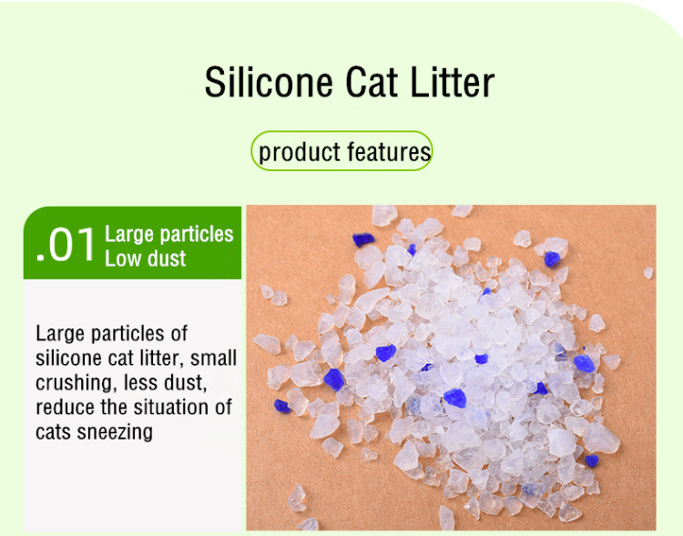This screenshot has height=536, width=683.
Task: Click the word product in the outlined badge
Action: click(x=296, y=152)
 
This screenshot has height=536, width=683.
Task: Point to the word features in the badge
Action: click(x=386, y=152)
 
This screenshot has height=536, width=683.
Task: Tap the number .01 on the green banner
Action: click(x=65, y=246)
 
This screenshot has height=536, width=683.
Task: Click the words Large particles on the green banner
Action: click(x=169, y=234)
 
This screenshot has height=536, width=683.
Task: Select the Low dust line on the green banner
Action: click(x=145, y=258)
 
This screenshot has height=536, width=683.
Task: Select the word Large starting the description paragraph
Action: click(x=59, y=334)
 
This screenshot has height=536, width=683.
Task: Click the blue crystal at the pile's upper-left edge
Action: click(x=362, y=239)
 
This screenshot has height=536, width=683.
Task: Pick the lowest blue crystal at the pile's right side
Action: click(x=592, y=460)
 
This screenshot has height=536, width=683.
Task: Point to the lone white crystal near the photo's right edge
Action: click(x=648, y=271)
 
